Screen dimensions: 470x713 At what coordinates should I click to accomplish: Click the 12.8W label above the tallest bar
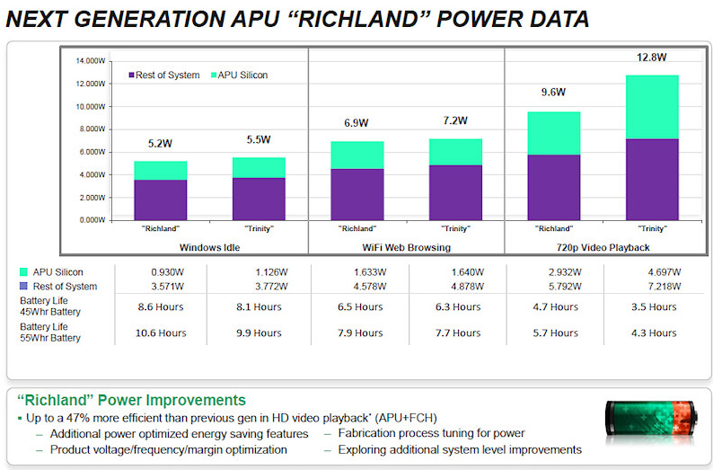click(652, 58)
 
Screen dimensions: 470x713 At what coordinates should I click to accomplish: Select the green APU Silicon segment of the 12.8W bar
click(652, 107)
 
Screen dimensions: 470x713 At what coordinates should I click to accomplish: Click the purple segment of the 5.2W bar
click(162, 200)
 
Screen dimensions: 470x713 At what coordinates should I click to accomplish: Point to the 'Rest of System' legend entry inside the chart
click(165, 75)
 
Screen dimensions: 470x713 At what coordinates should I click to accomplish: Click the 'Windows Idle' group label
click(210, 246)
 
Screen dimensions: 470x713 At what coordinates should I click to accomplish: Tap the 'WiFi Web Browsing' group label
click(405, 246)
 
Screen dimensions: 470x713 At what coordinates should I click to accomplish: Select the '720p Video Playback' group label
click(603, 246)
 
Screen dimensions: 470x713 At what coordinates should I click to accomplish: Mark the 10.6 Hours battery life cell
click(161, 333)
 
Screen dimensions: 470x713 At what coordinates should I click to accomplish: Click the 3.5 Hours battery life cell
click(651, 306)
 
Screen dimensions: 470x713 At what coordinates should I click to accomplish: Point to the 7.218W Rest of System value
click(651, 286)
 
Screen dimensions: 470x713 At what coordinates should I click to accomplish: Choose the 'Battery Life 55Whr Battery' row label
click(50, 333)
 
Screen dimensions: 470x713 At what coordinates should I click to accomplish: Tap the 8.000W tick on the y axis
click(89, 129)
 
